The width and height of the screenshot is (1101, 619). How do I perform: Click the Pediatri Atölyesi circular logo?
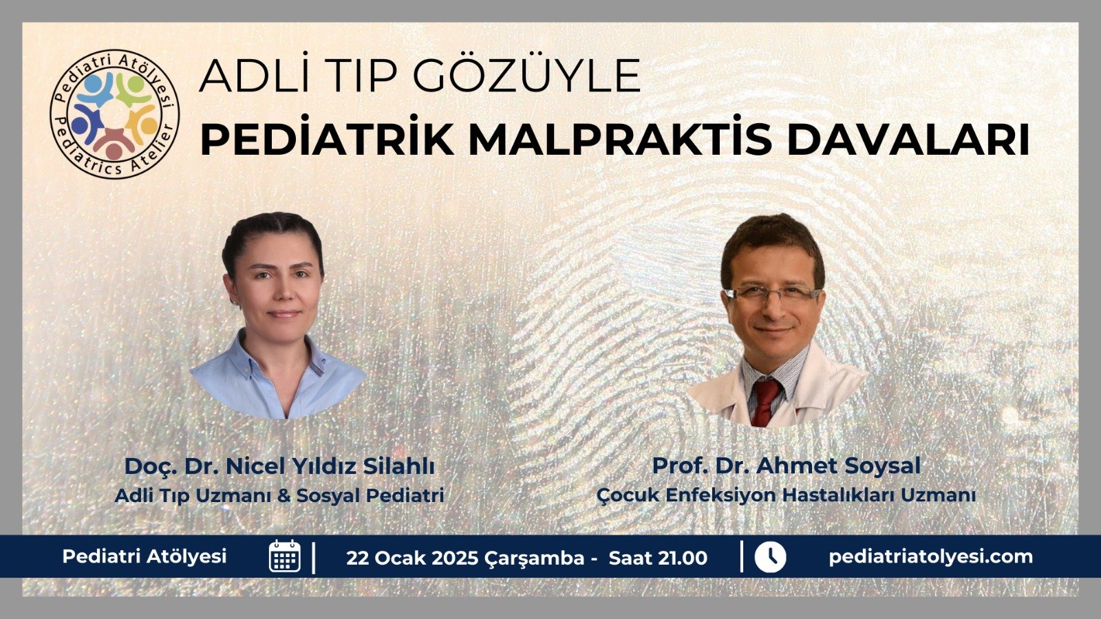click(114, 113)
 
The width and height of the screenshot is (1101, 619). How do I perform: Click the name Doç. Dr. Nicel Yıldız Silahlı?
click(279, 466)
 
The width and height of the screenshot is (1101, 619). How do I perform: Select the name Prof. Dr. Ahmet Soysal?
click(786, 466)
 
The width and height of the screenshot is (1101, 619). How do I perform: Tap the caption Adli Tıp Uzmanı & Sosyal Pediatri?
click(279, 495)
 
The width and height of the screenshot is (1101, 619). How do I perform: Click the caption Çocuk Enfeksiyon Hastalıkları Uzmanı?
click(786, 495)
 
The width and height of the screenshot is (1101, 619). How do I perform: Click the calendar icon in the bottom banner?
click(285, 556)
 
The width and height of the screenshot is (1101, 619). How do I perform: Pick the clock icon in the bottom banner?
click(770, 556)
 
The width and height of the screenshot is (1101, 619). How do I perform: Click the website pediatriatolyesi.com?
click(930, 557)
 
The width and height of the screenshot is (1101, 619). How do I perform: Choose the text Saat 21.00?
click(658, 558)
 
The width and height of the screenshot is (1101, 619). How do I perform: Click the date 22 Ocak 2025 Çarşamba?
click(465, 558)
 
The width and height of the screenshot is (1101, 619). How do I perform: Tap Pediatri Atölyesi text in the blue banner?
click(145, 556)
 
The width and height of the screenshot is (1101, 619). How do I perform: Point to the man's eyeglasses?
click(773, 294)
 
